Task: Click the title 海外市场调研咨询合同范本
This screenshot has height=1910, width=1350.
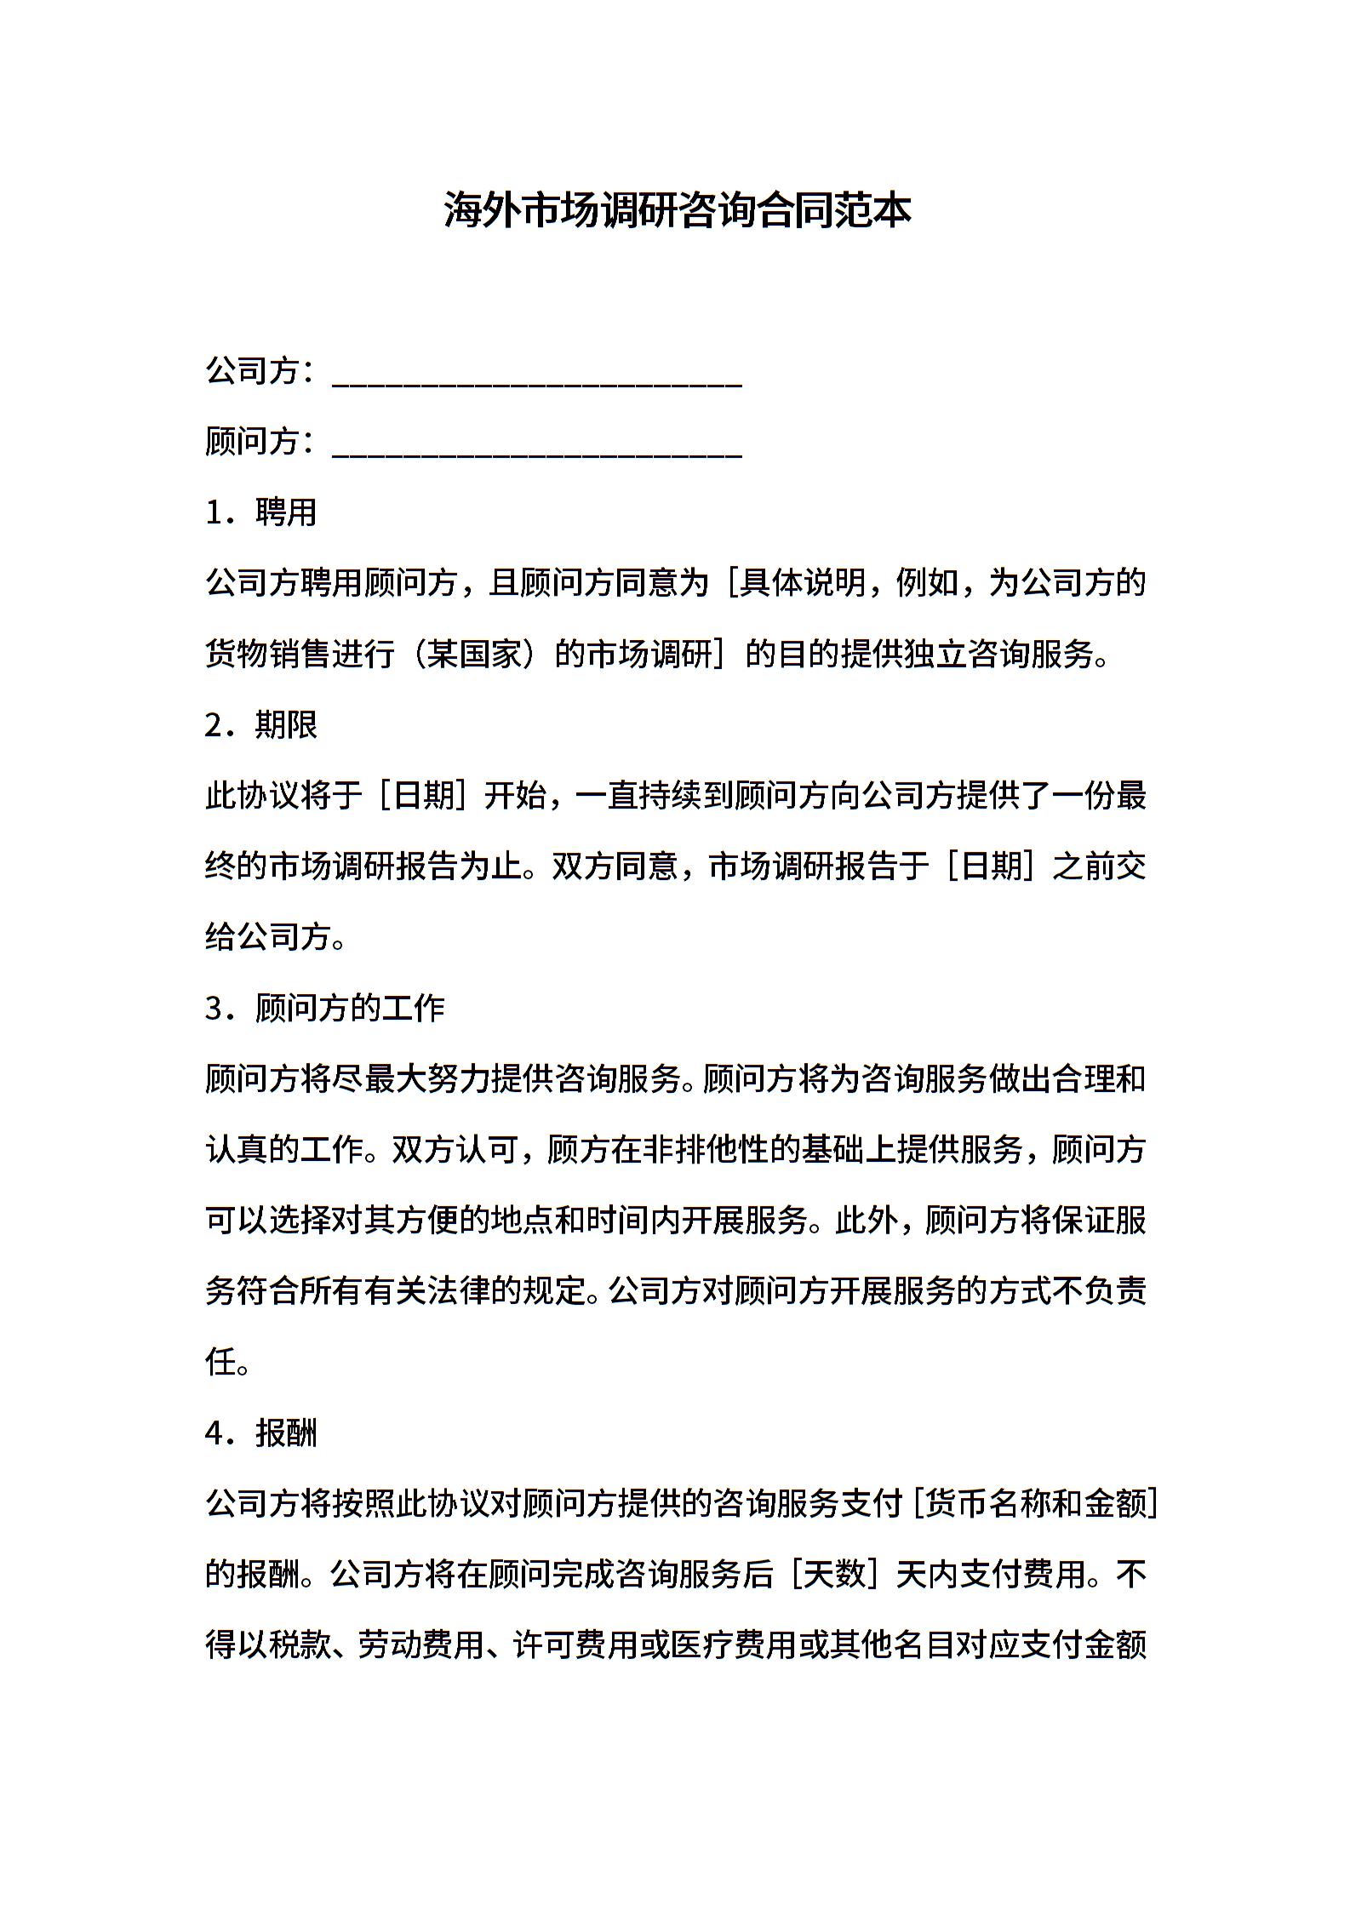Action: (x=677, y=210)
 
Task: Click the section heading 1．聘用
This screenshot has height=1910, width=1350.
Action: (x=261, y=512)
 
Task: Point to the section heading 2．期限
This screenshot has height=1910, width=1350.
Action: (x=261, y=725)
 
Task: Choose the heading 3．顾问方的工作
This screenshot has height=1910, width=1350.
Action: (x=325, y=1009)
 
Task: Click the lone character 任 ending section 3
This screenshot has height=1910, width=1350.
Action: (x=221, y=1363)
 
